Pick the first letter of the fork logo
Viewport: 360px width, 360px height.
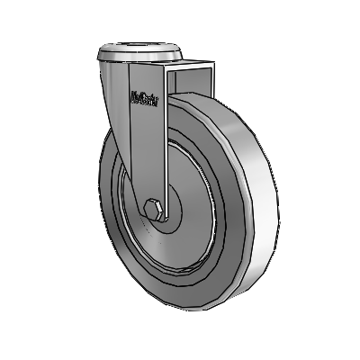(x=131, y=96)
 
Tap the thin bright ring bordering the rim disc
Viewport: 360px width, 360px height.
(x=213, y=216)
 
